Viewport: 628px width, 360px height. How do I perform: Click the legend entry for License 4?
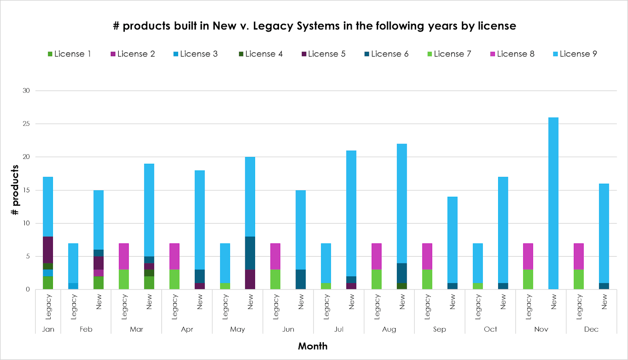click(261, 54)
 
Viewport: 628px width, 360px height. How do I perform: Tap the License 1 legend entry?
click(69, 54)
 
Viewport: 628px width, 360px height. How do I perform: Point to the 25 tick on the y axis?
click(26, 124)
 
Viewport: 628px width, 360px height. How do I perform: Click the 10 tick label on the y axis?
click(26, 223)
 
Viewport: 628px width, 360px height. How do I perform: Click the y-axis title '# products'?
click(15, 190)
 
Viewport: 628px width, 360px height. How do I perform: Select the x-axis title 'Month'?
click(312, 346)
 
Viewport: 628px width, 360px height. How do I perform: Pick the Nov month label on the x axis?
click(541, 329)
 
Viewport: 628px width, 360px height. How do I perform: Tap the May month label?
click(237, 329)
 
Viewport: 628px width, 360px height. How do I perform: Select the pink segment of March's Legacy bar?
click(124, 256)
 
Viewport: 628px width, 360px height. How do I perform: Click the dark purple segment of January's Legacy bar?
click(48, 250)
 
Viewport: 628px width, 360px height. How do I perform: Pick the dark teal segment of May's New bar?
click(250, 253)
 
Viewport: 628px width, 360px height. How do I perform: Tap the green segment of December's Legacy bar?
click(579, 279)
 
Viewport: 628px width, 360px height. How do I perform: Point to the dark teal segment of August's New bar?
click(402, 273)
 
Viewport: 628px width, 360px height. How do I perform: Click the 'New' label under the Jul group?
click(352, 302)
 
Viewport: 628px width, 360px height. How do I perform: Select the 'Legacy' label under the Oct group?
click(478, 306)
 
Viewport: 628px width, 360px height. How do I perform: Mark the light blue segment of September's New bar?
click(453, 239)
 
